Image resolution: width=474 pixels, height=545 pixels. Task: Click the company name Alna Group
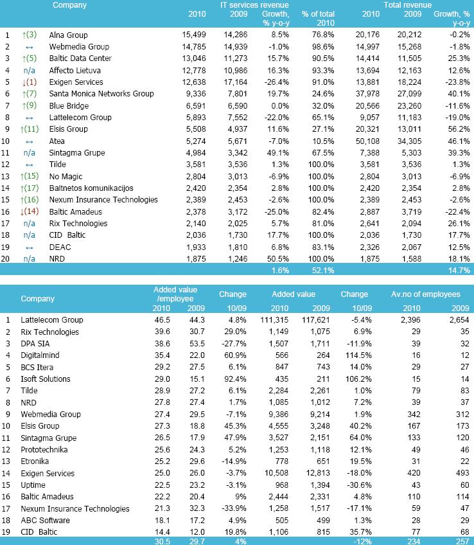pyautogui.click(x=68, y=35)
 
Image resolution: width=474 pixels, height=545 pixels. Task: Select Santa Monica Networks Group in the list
pyautogui.click(x=101, y=94)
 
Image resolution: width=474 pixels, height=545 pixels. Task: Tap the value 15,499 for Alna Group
pyautogui.click(x=193, y=35)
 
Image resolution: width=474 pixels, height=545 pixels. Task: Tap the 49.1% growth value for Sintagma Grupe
pyautogui.click(x=277, y=152)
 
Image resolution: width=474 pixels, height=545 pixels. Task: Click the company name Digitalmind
pyautogui.click(x=41, y=355)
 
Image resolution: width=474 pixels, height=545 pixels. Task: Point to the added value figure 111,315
pyautogui.click(x=286, y=320)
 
